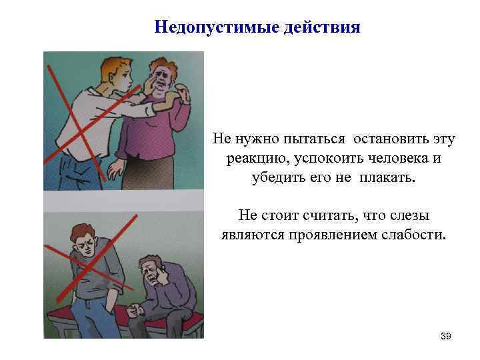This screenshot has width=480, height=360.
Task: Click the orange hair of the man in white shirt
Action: tap(117, 65)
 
